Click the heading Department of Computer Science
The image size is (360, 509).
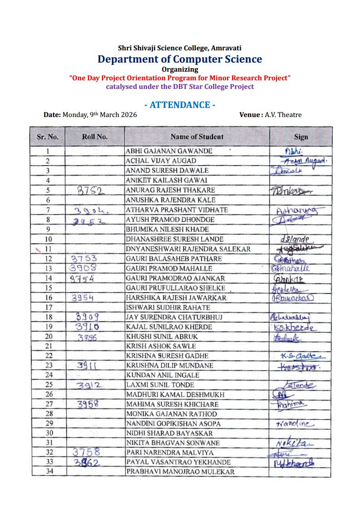point(180,59)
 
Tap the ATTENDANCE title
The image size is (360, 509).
point(180,105)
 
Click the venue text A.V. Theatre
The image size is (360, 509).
point(283,115)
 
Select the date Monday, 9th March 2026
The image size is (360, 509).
point(99,115)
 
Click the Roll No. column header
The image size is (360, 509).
point(95,137)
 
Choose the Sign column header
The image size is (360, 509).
point(301,137)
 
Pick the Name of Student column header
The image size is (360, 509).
point(197,137)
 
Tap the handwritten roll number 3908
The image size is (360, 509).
point(84,268)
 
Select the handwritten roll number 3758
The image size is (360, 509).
point(87,452)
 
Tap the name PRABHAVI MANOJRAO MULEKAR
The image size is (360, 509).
point(180,472)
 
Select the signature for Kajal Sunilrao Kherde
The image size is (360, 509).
point(295,328)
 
